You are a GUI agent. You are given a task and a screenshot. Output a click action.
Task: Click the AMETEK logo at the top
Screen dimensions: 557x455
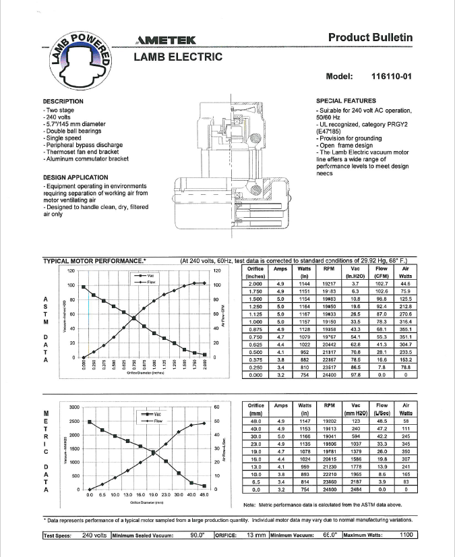[165, 40]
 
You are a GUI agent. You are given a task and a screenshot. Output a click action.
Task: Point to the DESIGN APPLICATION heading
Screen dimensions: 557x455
[75, 177]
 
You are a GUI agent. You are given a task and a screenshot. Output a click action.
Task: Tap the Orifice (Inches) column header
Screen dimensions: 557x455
[255, 271]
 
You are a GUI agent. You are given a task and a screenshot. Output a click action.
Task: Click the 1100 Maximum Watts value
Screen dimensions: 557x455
[405, 535]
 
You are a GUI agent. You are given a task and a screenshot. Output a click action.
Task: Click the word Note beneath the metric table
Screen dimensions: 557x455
[250, 504]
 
